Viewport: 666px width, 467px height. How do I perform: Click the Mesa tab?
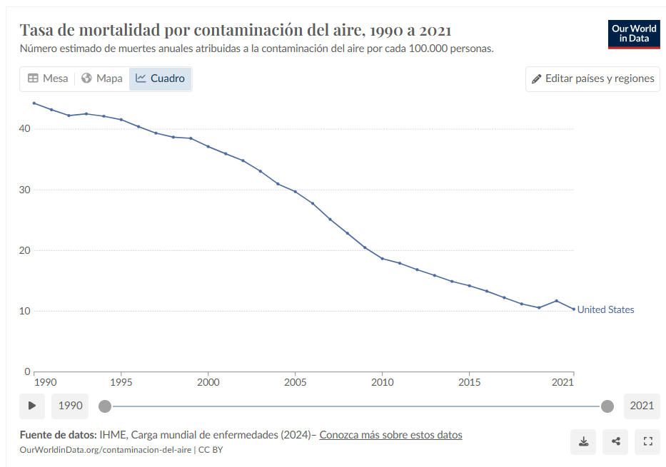(47, 78)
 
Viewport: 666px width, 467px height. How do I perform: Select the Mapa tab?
(101, 78)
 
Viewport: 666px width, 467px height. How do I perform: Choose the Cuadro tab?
(160, 78)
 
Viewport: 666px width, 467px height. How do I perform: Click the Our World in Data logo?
(634, 34)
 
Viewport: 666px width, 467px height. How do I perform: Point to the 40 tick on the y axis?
(25, 128)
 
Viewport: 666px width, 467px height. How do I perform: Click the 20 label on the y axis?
(25, 250)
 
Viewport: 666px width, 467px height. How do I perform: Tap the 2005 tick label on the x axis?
(295, 383)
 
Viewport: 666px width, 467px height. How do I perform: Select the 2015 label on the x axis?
(469, 383)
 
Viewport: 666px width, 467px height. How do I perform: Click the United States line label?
(605, 309)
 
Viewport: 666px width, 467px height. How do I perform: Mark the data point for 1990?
(34, 103)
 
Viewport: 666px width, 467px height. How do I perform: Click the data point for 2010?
(382, 258)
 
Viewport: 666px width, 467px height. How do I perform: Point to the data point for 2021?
(573, 309)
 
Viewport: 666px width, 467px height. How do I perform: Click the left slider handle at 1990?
(105, 406)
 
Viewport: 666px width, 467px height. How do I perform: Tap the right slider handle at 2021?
(607, 406)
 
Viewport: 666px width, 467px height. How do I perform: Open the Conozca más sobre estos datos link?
(390, 434)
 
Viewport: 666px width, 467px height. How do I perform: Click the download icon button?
(583, 441)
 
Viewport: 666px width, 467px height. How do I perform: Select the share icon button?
(615, 441)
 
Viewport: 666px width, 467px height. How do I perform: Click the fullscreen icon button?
(648, 441)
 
